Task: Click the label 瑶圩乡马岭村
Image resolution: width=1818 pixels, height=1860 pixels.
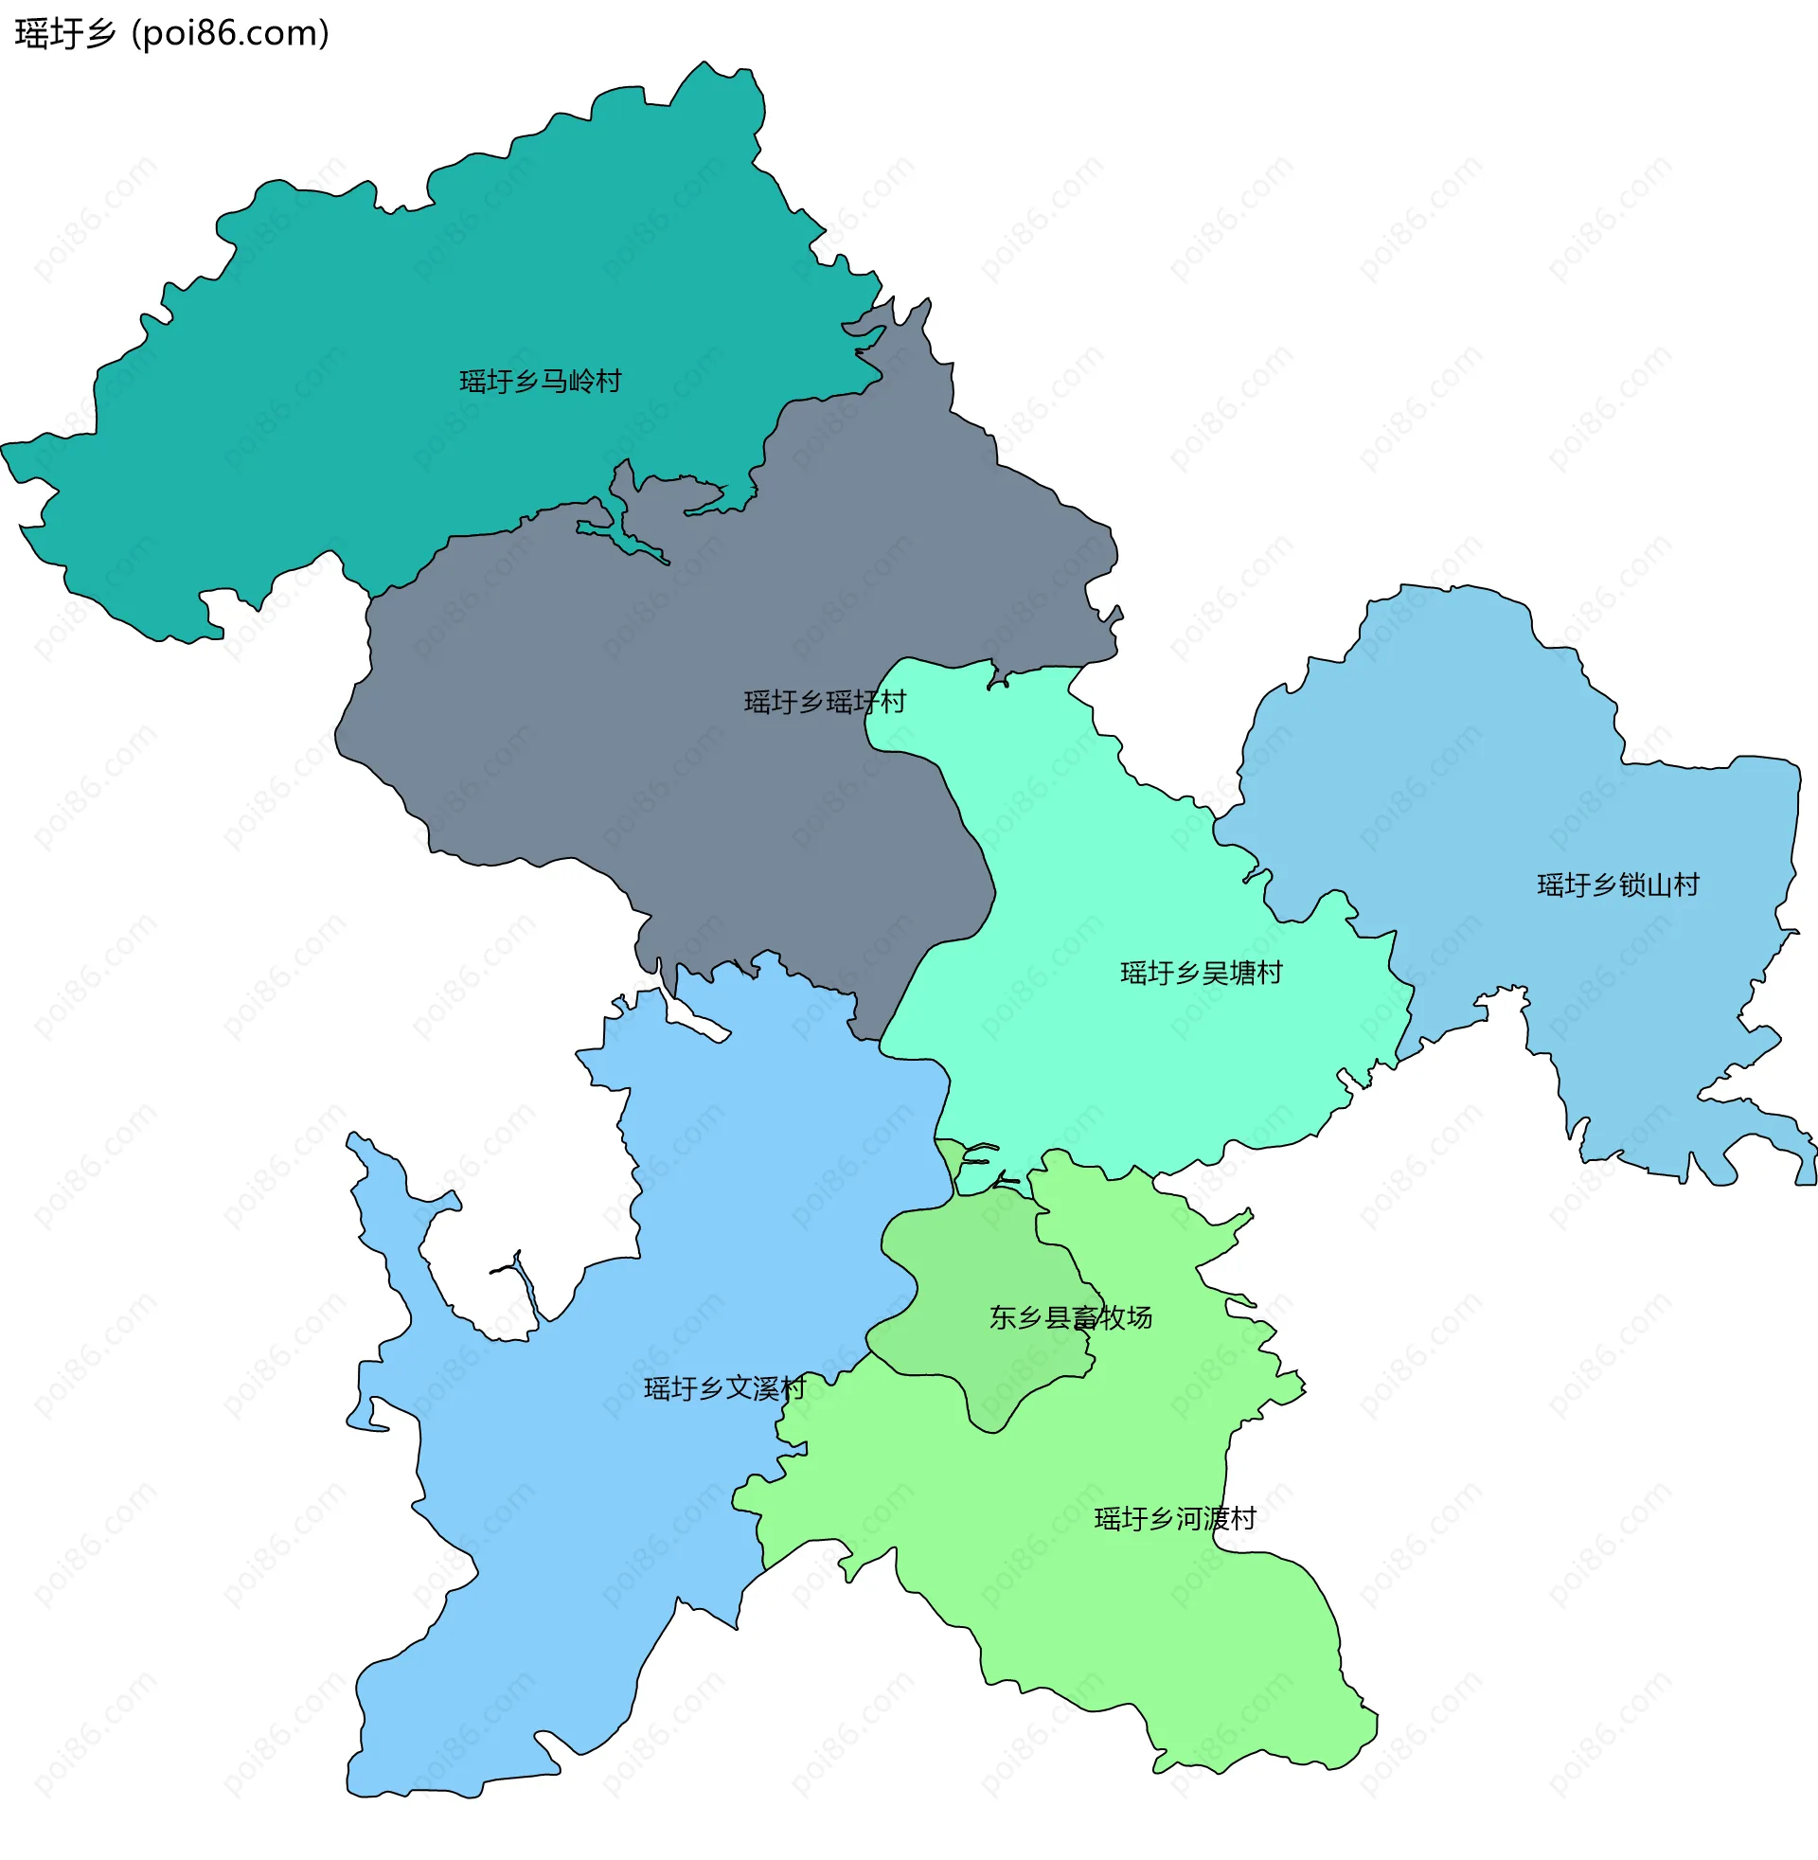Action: pos(541,382)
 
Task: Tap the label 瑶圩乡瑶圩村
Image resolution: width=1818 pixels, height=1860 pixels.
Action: pos(825,703)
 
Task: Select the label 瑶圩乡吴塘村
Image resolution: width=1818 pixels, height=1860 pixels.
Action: pos(1202,973)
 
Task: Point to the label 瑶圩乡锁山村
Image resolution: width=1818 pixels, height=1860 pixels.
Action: pos(1618,885)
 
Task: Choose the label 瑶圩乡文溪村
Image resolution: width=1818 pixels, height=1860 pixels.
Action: pos(725,1388)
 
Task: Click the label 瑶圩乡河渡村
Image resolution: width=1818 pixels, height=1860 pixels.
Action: pos(1175,1518)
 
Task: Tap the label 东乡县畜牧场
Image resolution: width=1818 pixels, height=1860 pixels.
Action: pos(1070,1317)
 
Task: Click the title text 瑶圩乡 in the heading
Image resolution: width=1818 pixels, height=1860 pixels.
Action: pos(65,34)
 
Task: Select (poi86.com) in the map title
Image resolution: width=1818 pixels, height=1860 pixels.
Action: pos(230,34)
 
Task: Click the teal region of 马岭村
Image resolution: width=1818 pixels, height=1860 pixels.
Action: pos(382,286)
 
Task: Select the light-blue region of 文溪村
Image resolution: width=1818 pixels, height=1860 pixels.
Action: pos(573,1528)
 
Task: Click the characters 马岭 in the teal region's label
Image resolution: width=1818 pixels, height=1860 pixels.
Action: pos(568,382)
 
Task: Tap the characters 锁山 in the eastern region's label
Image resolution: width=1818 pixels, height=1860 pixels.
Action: pos(1646,885)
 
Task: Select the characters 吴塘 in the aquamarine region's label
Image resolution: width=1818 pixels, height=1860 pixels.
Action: pos(1229,973)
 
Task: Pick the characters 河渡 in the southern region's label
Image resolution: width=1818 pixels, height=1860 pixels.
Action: pos(1203,1518)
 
